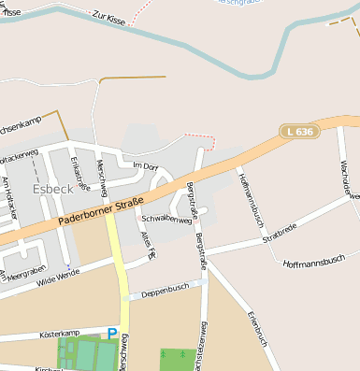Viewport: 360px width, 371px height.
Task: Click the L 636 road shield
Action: coord(300,133)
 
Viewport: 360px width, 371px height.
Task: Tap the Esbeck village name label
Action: coord(51,188)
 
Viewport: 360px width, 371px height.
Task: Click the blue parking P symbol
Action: coord(112,333)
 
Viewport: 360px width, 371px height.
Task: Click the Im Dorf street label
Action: coord(148,165)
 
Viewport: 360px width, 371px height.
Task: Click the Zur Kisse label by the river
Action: coord(108,18)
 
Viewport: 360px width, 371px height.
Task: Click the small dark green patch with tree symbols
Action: coord(178,359)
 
